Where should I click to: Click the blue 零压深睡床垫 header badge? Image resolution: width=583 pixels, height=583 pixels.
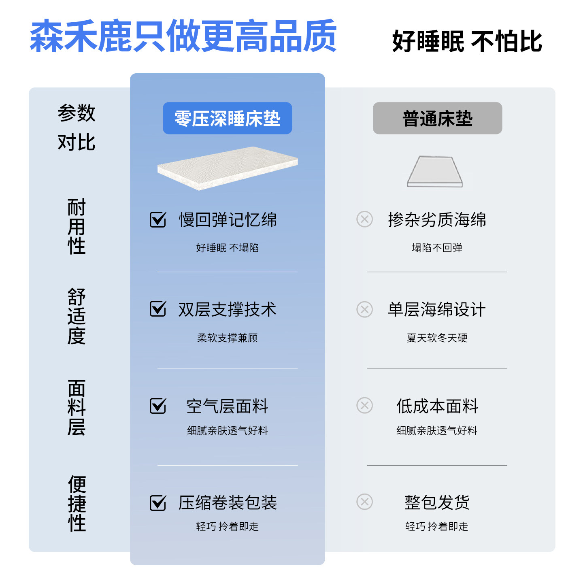point(227,118)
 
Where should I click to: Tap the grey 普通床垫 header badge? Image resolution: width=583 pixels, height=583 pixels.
point(437,118)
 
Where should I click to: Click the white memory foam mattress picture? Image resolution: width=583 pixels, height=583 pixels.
point(228,168)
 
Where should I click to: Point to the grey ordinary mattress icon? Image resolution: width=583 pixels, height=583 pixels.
point(435,172)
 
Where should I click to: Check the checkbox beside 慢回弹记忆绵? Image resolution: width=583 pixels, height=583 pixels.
point(158,219)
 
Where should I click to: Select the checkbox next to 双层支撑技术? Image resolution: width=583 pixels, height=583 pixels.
point(158,309)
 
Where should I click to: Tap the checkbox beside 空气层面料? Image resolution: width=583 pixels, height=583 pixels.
point(158,406)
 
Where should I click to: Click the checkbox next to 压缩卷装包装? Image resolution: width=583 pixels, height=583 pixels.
point(158,503)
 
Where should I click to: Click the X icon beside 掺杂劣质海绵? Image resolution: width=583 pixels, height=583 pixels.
point(364,219)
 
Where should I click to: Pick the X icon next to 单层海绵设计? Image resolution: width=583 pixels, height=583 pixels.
point(364,309)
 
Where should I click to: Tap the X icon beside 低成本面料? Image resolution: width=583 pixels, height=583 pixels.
point(364,405)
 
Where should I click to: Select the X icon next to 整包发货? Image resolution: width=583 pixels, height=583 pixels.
point(364,502)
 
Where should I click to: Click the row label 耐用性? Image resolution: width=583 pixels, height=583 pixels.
point(77,226)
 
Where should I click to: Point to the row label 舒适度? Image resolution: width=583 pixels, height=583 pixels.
point(77,316)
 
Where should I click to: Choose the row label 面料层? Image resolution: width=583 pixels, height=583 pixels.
point(77,407)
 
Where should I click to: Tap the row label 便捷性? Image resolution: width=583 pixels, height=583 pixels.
point(77,503)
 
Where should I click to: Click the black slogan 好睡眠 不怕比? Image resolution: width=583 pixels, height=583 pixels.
point(467,41)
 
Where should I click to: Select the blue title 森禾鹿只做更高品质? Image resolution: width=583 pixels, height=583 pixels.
point(183,36)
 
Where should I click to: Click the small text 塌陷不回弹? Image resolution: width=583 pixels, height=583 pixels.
point(437,248)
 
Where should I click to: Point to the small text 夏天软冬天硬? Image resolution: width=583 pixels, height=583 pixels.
point(437,338)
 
